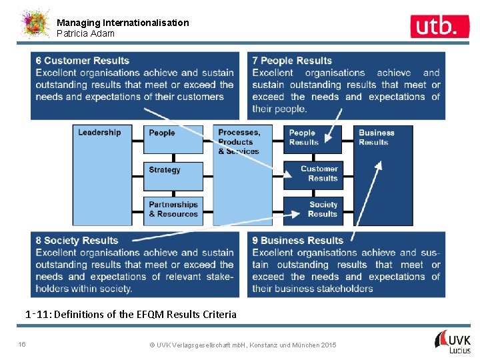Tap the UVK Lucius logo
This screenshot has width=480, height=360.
pos(453,341)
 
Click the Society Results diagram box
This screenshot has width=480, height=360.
pos(313,209)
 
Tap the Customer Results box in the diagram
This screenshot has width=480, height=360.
pos(313,174)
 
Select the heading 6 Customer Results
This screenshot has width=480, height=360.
pos(83,61)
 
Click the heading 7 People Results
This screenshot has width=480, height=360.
pos(292,61)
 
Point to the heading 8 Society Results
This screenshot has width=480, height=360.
pos(77,241)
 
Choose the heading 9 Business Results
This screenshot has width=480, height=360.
pos(297,241)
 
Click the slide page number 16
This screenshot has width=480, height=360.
pos(22,344)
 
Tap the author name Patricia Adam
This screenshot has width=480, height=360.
pos(85,33)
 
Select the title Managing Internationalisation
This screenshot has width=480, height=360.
pos(123,23)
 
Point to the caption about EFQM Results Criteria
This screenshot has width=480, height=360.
pos(131,314)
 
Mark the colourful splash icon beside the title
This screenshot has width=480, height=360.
pos(35,24)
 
